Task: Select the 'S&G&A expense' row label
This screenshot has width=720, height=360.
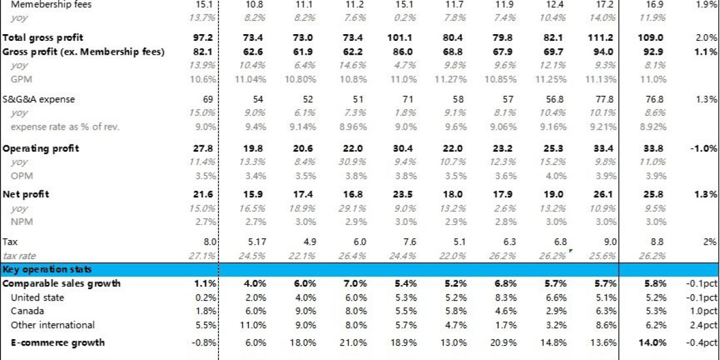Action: [x=39, y=99]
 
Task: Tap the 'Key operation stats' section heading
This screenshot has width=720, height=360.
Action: [x=47, y=269]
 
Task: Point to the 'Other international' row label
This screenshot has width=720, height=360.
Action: [x=52, y=325]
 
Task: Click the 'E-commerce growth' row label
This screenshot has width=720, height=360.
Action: [x=58, y=343]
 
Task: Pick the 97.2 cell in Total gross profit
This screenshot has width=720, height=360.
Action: [x=205, y=38]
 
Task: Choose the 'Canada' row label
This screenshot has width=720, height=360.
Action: [x=27, y=311]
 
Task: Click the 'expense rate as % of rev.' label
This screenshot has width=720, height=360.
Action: [x=65, y=126]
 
